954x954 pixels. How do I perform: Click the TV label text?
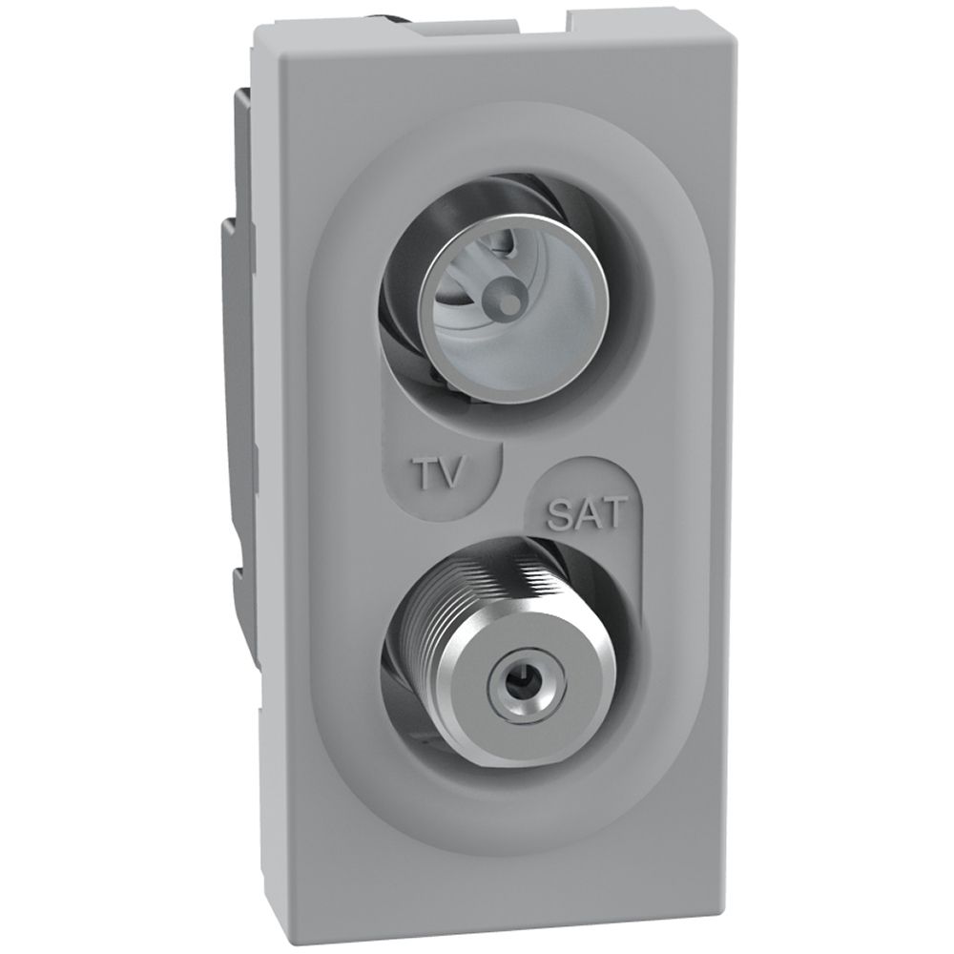point(443,472)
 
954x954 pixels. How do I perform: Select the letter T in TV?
point(427,471)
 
